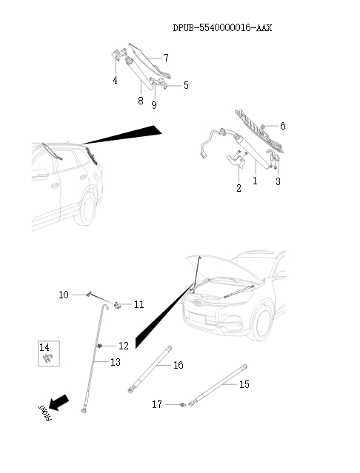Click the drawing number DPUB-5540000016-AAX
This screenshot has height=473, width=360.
point(222,28)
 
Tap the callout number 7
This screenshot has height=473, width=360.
point(166,57)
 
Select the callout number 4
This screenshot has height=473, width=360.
point(115,80)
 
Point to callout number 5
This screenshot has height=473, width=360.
point(186,85)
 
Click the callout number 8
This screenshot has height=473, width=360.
point(140,101)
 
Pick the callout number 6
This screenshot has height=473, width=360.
point(282,126)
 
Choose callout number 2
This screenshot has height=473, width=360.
point(239,188)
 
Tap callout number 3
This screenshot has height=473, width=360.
point(278,181)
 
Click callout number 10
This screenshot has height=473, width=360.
point(64,295)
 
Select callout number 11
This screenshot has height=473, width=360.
point(139,304)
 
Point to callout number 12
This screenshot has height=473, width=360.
point(123,346)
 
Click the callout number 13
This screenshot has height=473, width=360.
point(115,362)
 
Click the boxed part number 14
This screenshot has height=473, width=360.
point(44,346)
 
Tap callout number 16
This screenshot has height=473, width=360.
point(179,365)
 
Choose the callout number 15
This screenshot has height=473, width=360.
point(244,384)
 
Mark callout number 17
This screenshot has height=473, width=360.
point(156,404)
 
